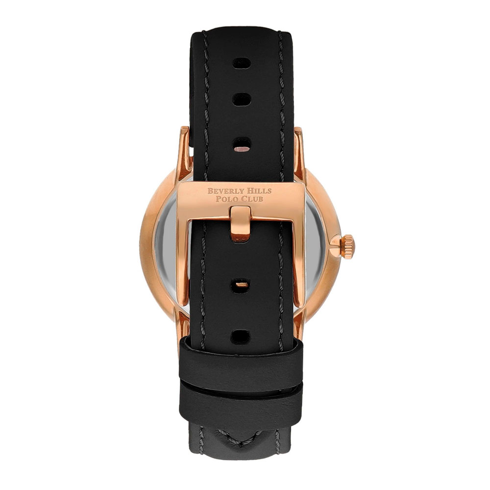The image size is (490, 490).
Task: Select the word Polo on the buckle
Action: (x=226, y=199)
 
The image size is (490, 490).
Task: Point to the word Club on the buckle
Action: (x=251, y=199)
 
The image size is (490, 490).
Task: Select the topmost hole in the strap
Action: (x=242, y=64)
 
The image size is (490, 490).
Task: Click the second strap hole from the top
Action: (x=242, y=99)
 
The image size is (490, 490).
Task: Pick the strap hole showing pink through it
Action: (x=242, y=145)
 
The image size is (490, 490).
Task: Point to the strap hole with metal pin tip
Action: (x=242, y=284)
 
